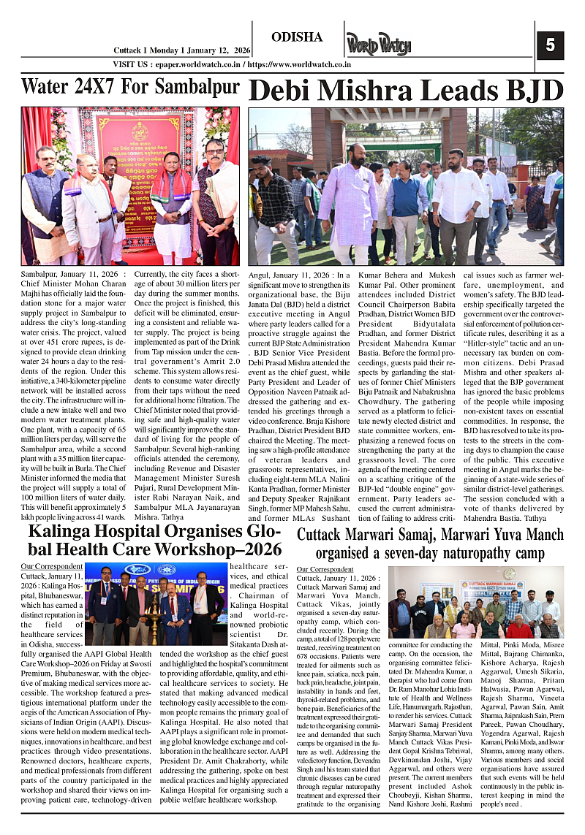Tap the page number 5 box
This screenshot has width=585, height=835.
[550, 46]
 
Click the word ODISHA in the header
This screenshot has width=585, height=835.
[296, 37]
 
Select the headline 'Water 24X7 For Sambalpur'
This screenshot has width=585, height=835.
[130, 87]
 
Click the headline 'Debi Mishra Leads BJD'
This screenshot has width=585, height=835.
[406, 91]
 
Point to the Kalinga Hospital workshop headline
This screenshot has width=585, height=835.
[154, 539]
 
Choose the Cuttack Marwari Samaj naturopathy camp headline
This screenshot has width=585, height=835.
[430, 544]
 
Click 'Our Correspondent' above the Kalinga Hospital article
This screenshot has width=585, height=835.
[52, 566]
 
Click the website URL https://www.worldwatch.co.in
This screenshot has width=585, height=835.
[299, 64]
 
